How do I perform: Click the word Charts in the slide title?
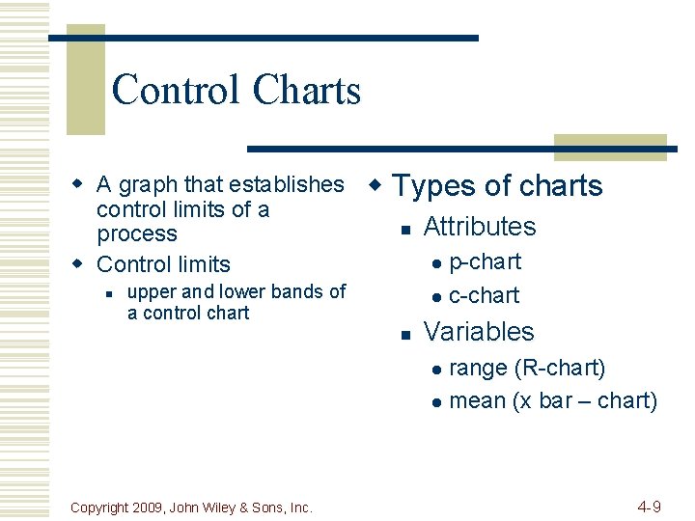point(306,91)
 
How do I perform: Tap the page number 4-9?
point(649,507)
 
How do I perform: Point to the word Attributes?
point(479,227)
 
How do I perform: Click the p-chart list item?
point(485,262)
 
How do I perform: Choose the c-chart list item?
point(484,295)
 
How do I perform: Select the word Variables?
point(478,332)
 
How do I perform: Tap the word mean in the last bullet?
point(478,400)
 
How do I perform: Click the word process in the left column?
point(137,234)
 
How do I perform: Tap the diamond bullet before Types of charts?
point(377,183)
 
